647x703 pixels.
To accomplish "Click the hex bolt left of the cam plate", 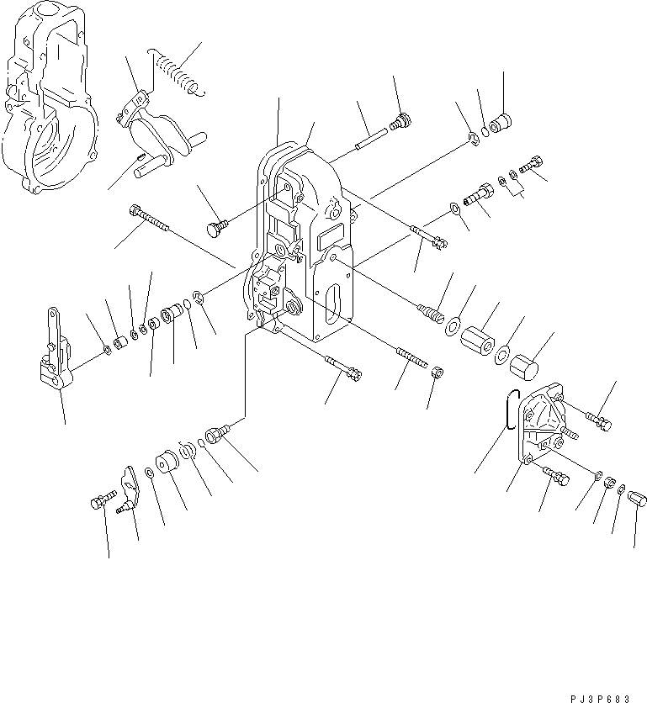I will pos(97,504).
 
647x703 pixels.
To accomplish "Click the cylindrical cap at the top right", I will pos(503,124).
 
